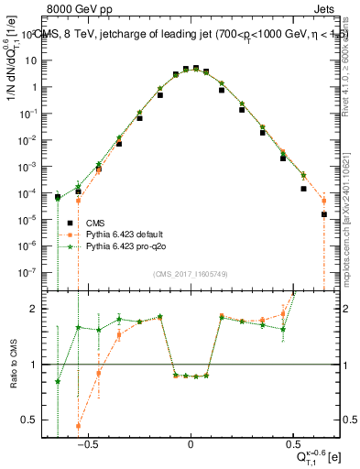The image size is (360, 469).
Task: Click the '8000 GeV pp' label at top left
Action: pos(76,7)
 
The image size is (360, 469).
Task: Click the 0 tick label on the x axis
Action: pos(191,446)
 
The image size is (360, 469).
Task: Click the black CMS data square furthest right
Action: pos(324,214)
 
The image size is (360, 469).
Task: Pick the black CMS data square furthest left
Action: pos(58,197)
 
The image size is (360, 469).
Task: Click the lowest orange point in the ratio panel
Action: pos(78,426)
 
